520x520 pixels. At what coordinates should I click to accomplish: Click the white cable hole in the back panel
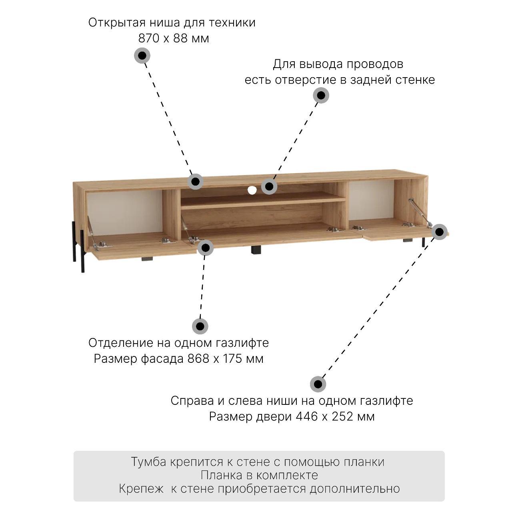[x=252, y=190]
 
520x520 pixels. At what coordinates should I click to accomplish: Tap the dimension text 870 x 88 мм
[x=174, y=38]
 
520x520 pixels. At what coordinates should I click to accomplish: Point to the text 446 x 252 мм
[x=335, y=416]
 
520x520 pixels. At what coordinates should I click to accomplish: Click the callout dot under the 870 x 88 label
[x=142, y=56]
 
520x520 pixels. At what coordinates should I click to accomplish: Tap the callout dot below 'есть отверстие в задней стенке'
[x=321, y=95]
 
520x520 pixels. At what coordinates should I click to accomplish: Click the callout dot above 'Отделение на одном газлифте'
[x=200, y=326]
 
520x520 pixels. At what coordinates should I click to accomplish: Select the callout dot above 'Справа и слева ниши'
[x=318, y=384]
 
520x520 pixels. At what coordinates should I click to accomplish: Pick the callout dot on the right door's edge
[x=439, y=232]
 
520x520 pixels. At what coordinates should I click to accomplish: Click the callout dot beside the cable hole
[x=269, y=186]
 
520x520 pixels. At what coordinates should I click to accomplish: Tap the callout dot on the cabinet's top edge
[x=195, y=182]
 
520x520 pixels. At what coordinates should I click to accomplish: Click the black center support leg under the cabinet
[x=256, y=249]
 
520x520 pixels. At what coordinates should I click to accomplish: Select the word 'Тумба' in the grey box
[x=148, y=462]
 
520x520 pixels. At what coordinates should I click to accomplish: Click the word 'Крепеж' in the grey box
[x=141, y=489]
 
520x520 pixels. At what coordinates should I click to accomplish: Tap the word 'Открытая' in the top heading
[x=117, y=23]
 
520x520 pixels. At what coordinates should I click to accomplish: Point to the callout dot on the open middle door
[x=205, y=248]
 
